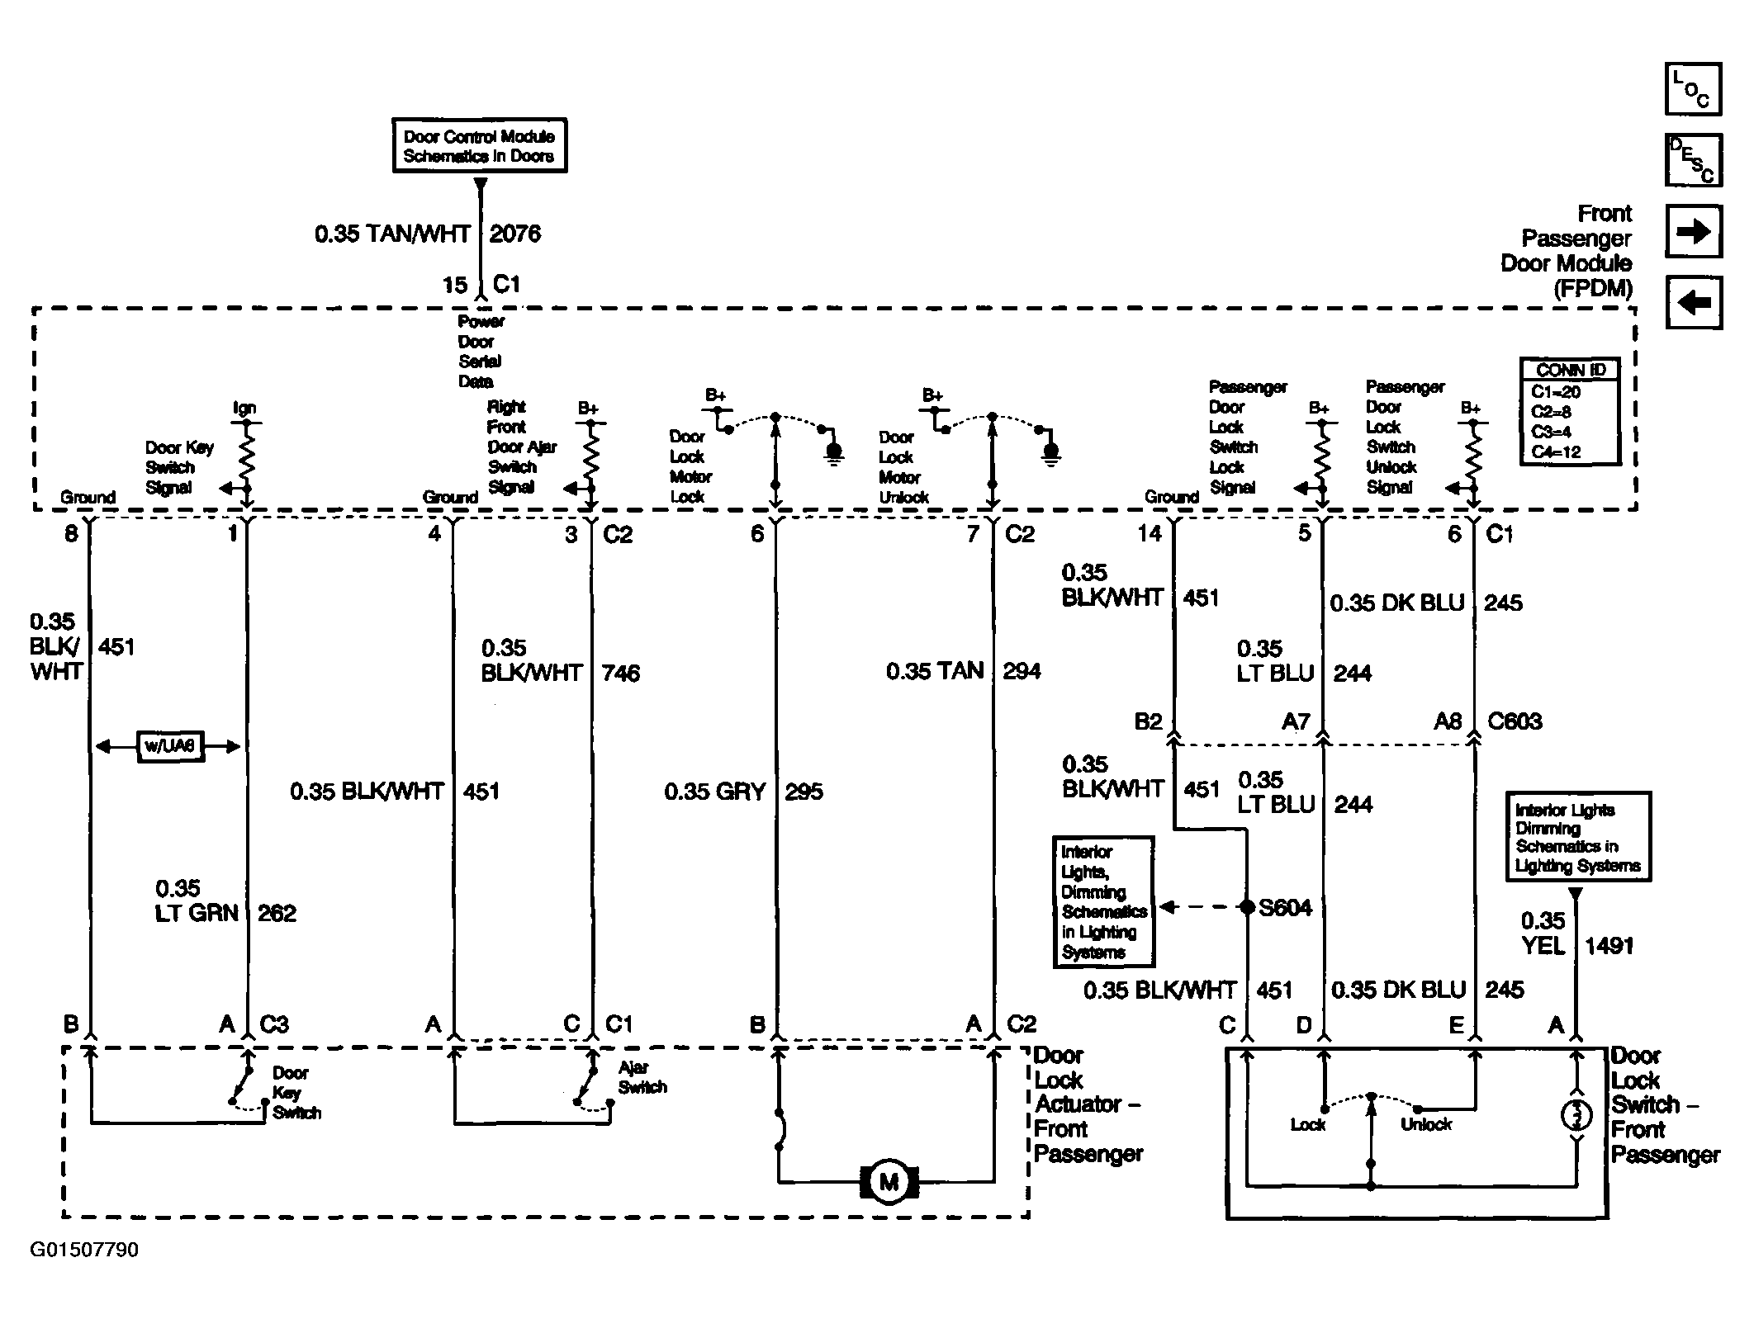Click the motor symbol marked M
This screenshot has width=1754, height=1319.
pyautogui.click(x=889, y=1182)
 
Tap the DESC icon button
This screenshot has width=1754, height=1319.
pyautogui.click(x=1693, y=159)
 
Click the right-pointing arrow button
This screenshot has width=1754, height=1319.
pyautogui.click(x=1693, y=232)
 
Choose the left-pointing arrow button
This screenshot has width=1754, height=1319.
pyautogui.click(x=1693, y=302)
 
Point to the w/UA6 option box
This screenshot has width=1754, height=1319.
pyautogui.click(x=170, y=746)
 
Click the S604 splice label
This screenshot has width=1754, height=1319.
pyautogui.click(x=1285, y=908)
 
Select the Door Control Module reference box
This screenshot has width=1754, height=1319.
pyautogui.click(x=479, y=145)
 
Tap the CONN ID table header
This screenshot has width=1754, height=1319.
pyautogui.click(x=1569, y=370)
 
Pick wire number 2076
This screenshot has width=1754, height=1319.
pyautogui.click(x=515, y=234)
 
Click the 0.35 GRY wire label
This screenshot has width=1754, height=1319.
pyautogui.click(x=715, y=792)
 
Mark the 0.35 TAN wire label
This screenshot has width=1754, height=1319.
pyautogui.click(x=935, y=670)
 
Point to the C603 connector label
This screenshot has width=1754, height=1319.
pyautogui.click(x=1515, y=721)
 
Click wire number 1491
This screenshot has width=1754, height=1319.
pyautogui.click(x=1609, y=946)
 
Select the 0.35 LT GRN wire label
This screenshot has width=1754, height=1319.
pyautogui.click(x=197, y=901)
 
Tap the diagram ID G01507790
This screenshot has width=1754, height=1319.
pyautogui.click(x=84, y=1250)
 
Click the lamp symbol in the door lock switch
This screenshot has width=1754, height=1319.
pyautogui.click(x=1576, y=1116)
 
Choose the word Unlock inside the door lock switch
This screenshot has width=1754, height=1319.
pyautogui.click(x=1426, y=1124)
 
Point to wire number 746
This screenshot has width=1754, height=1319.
pyautogui.click(x=621, y=674)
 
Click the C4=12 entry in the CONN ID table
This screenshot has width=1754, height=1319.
pyautogui.click(x=1556, y=451)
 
